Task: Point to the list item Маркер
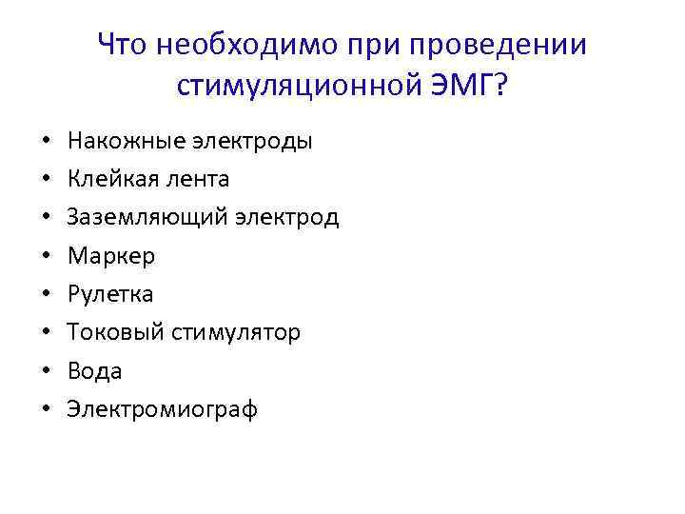pyautogui.click(x=110, y=256)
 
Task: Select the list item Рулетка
pyautogui.click(x=109, y=294)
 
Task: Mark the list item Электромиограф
pyautogui.click(x=162, y=409)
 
